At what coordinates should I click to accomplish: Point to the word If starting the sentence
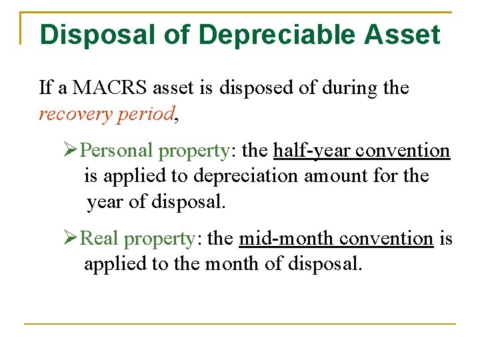point(45,87)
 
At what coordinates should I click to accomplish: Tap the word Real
point(100,238)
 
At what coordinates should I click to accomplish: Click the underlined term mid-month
point(286,238)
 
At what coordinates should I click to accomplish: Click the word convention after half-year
point(403,151)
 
